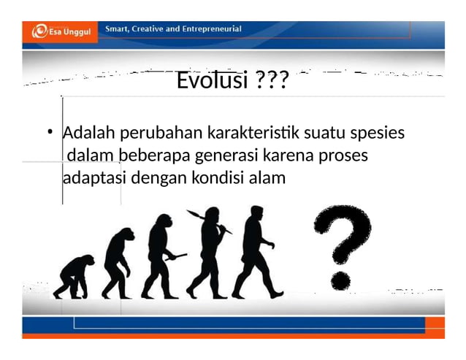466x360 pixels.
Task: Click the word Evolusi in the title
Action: (x=213, y=81)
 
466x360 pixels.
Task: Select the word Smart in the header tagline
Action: (x=119, y=29)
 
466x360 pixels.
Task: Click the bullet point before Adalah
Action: (x=48, y=134)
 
